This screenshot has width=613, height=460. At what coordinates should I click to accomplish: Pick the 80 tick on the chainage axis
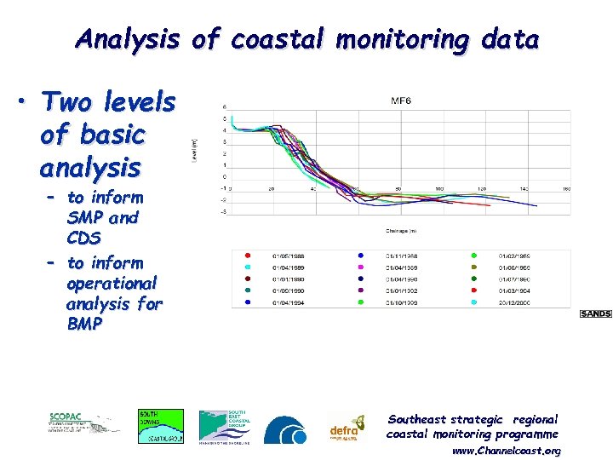coord(398,189)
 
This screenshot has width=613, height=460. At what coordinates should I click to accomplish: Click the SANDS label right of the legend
coord(595,314)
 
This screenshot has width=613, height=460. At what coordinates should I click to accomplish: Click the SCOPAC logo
coord(83,423)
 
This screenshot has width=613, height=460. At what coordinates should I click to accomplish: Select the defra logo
coord(347,426)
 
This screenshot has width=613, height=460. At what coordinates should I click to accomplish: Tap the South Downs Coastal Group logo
coord(160,426)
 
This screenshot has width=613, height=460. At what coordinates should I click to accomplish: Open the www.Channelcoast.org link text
coord(506,450)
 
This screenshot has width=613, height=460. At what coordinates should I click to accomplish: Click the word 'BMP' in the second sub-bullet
coord(84,324)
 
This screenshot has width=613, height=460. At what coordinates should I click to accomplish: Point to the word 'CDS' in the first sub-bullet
coord(83,238)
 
